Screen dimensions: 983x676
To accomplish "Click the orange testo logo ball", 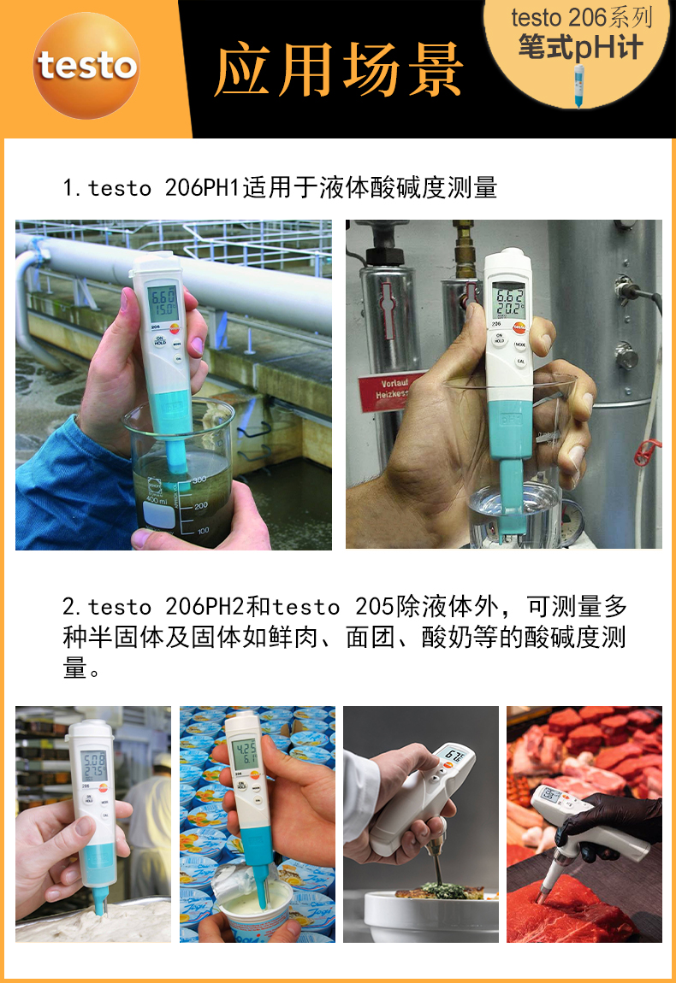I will [86, 66].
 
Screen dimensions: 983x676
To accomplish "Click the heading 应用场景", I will [339, 68].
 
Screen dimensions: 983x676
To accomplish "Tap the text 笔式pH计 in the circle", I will [580, 47].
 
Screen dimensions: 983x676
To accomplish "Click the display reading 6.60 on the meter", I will [163, 301].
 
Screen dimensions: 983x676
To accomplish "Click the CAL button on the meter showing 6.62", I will [519, 362].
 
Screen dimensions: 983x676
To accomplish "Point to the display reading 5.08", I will [94, 762].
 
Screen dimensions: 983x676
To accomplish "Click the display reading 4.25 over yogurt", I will [246, 755].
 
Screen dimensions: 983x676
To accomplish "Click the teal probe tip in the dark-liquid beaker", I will [176, 462].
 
